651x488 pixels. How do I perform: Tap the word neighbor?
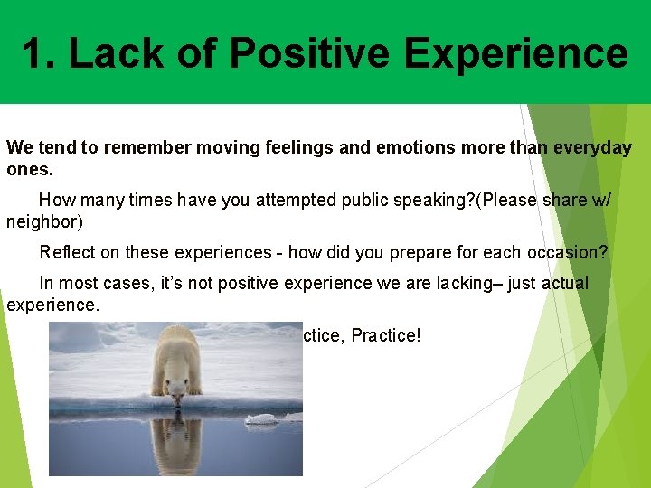tap(44, 221)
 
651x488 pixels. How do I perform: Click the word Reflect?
tap(68, 252)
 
